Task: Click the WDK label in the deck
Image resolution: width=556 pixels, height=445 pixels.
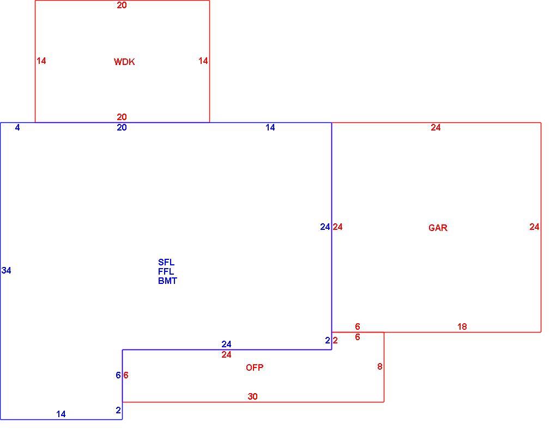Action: click(124, 62)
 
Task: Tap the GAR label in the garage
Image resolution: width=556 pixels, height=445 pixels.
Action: click(438, 228)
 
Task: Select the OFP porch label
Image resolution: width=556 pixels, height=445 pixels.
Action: click(255, 367)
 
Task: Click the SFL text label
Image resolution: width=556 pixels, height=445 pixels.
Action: click(166, 263)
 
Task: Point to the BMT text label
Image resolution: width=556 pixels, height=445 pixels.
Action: click(167, 281)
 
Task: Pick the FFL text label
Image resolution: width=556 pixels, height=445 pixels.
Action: click(166, 272)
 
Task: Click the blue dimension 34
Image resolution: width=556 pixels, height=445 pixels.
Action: click(7, 271)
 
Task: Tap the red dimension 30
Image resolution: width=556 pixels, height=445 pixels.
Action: click(252, 396)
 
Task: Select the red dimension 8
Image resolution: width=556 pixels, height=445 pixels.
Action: click(380, 366)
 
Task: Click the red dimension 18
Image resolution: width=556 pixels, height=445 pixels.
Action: click(462, 327)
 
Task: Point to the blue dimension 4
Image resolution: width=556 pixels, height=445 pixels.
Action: click(17, 128)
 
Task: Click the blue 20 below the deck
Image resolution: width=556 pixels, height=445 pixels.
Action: click(122, 128)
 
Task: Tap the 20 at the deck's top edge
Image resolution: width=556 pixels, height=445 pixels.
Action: click(122, 5)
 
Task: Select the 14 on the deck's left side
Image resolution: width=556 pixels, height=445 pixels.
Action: click(41, 61)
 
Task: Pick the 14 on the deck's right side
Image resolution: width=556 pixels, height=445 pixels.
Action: click(203, 61)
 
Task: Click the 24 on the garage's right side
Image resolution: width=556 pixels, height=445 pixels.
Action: click(534, 227)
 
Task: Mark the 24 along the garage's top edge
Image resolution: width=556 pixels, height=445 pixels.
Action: click(436, 128)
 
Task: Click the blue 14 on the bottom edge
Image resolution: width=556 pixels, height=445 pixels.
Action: click(61, 414)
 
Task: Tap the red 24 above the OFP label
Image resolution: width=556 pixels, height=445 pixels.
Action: click(226, 354)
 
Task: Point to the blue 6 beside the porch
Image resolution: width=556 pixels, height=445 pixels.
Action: click(118, 376)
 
